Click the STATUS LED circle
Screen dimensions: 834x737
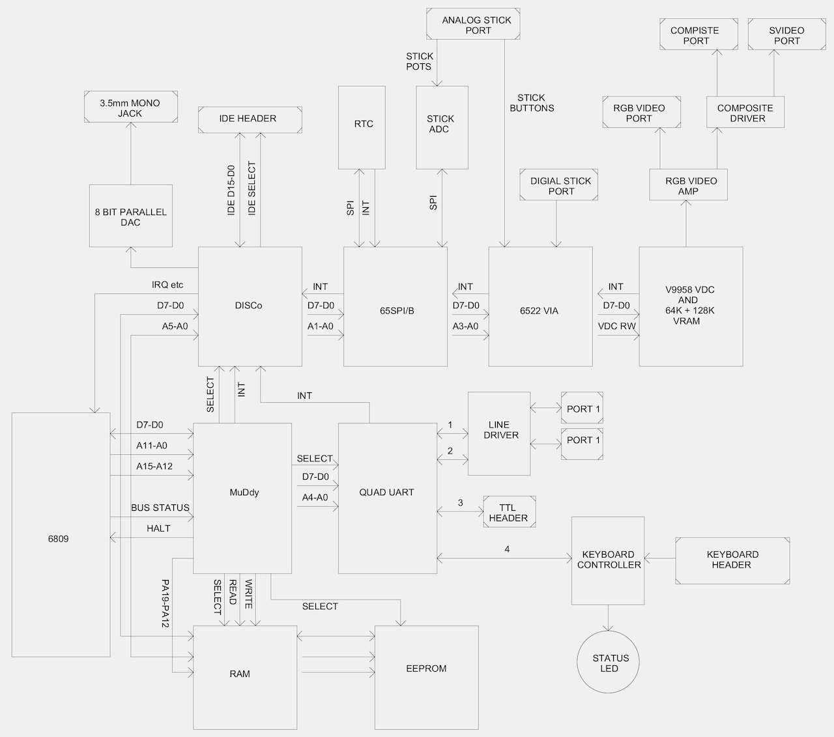coord(609,662)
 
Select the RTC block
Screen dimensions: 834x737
coord(364,127)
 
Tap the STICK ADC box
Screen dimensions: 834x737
coord(442,127)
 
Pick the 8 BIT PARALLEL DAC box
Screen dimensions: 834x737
coord(130,216)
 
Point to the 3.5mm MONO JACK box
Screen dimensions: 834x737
coord(130,108)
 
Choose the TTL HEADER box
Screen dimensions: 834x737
coord(509,512)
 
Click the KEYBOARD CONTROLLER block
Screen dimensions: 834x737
coord(608,560)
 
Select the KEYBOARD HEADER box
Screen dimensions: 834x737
coord(732,560)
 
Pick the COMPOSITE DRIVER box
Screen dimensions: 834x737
coord(745,112)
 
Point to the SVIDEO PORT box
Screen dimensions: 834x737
coord(786,35)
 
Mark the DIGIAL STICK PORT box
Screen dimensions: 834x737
coord(559,185)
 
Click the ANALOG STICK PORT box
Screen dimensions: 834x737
coord(474,24)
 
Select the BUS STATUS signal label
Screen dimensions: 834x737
coord(160,508)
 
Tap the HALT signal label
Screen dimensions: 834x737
coord(158,528)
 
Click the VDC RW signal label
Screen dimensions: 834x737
coord(616,326)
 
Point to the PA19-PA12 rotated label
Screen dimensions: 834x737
coord(165,603)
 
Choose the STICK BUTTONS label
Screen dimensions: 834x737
coord(532,103)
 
